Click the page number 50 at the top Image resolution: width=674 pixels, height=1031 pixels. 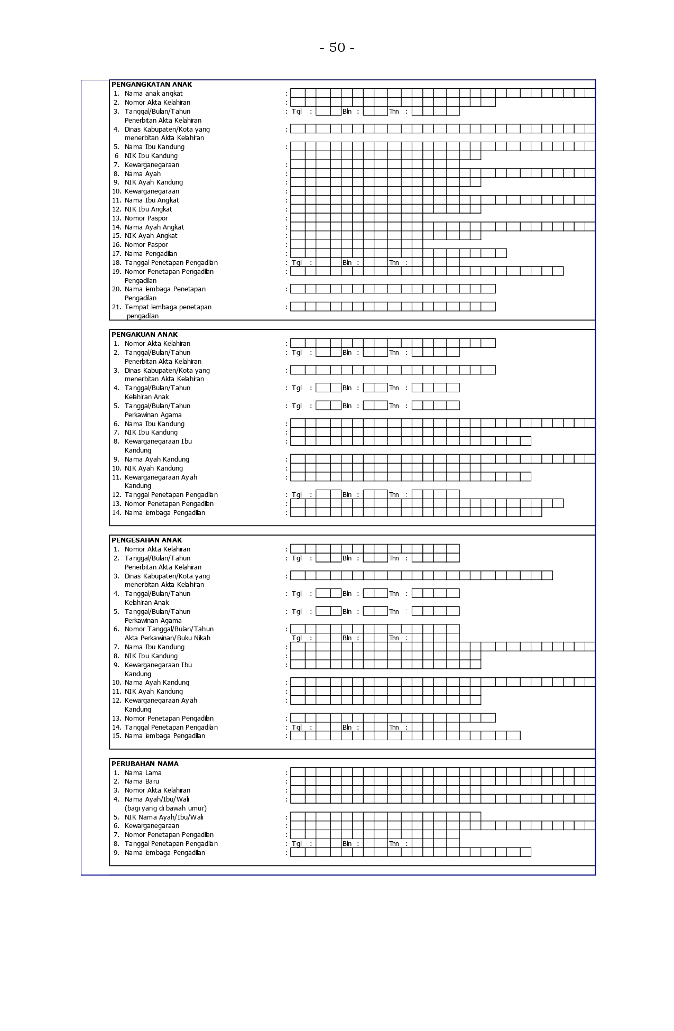[x=337, y=48]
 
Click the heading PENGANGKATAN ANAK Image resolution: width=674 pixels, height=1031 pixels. [x=151, y=85]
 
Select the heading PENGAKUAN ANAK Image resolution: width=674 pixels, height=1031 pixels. [x=144, y=335]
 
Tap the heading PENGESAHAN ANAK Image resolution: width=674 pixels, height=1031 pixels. [x=146, y=540]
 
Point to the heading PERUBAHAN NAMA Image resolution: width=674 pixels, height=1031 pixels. [x=145, y=764]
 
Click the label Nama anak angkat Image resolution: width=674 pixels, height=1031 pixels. [x=153, y=94]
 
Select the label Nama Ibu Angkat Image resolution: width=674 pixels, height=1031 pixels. [x=152, y=200]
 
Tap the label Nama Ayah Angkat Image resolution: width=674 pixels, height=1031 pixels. [x=154, y=227]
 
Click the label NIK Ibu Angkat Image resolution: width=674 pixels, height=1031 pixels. [x=148, y=209]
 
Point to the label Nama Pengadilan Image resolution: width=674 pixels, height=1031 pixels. [x=151, y=254]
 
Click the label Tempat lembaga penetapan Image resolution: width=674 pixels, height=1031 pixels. [x=168, y=307]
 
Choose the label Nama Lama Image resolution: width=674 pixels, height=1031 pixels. [x=143, y=773]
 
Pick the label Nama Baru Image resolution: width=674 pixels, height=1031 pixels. [x=142, y=781]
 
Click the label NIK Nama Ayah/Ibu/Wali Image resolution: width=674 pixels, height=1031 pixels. [x=164, y=817]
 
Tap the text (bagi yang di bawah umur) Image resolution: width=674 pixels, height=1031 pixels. [x=165, y=808]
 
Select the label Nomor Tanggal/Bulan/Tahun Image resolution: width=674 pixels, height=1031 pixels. [x=169, y=629]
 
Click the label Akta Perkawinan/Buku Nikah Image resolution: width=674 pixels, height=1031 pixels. [x=167, y=638]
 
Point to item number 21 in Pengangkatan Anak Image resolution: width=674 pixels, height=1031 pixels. [x=116, y=307]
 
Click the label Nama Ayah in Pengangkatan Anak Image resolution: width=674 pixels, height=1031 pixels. [x=142, y=174]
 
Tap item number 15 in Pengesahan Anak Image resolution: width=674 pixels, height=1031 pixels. [x=116, y=736]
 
